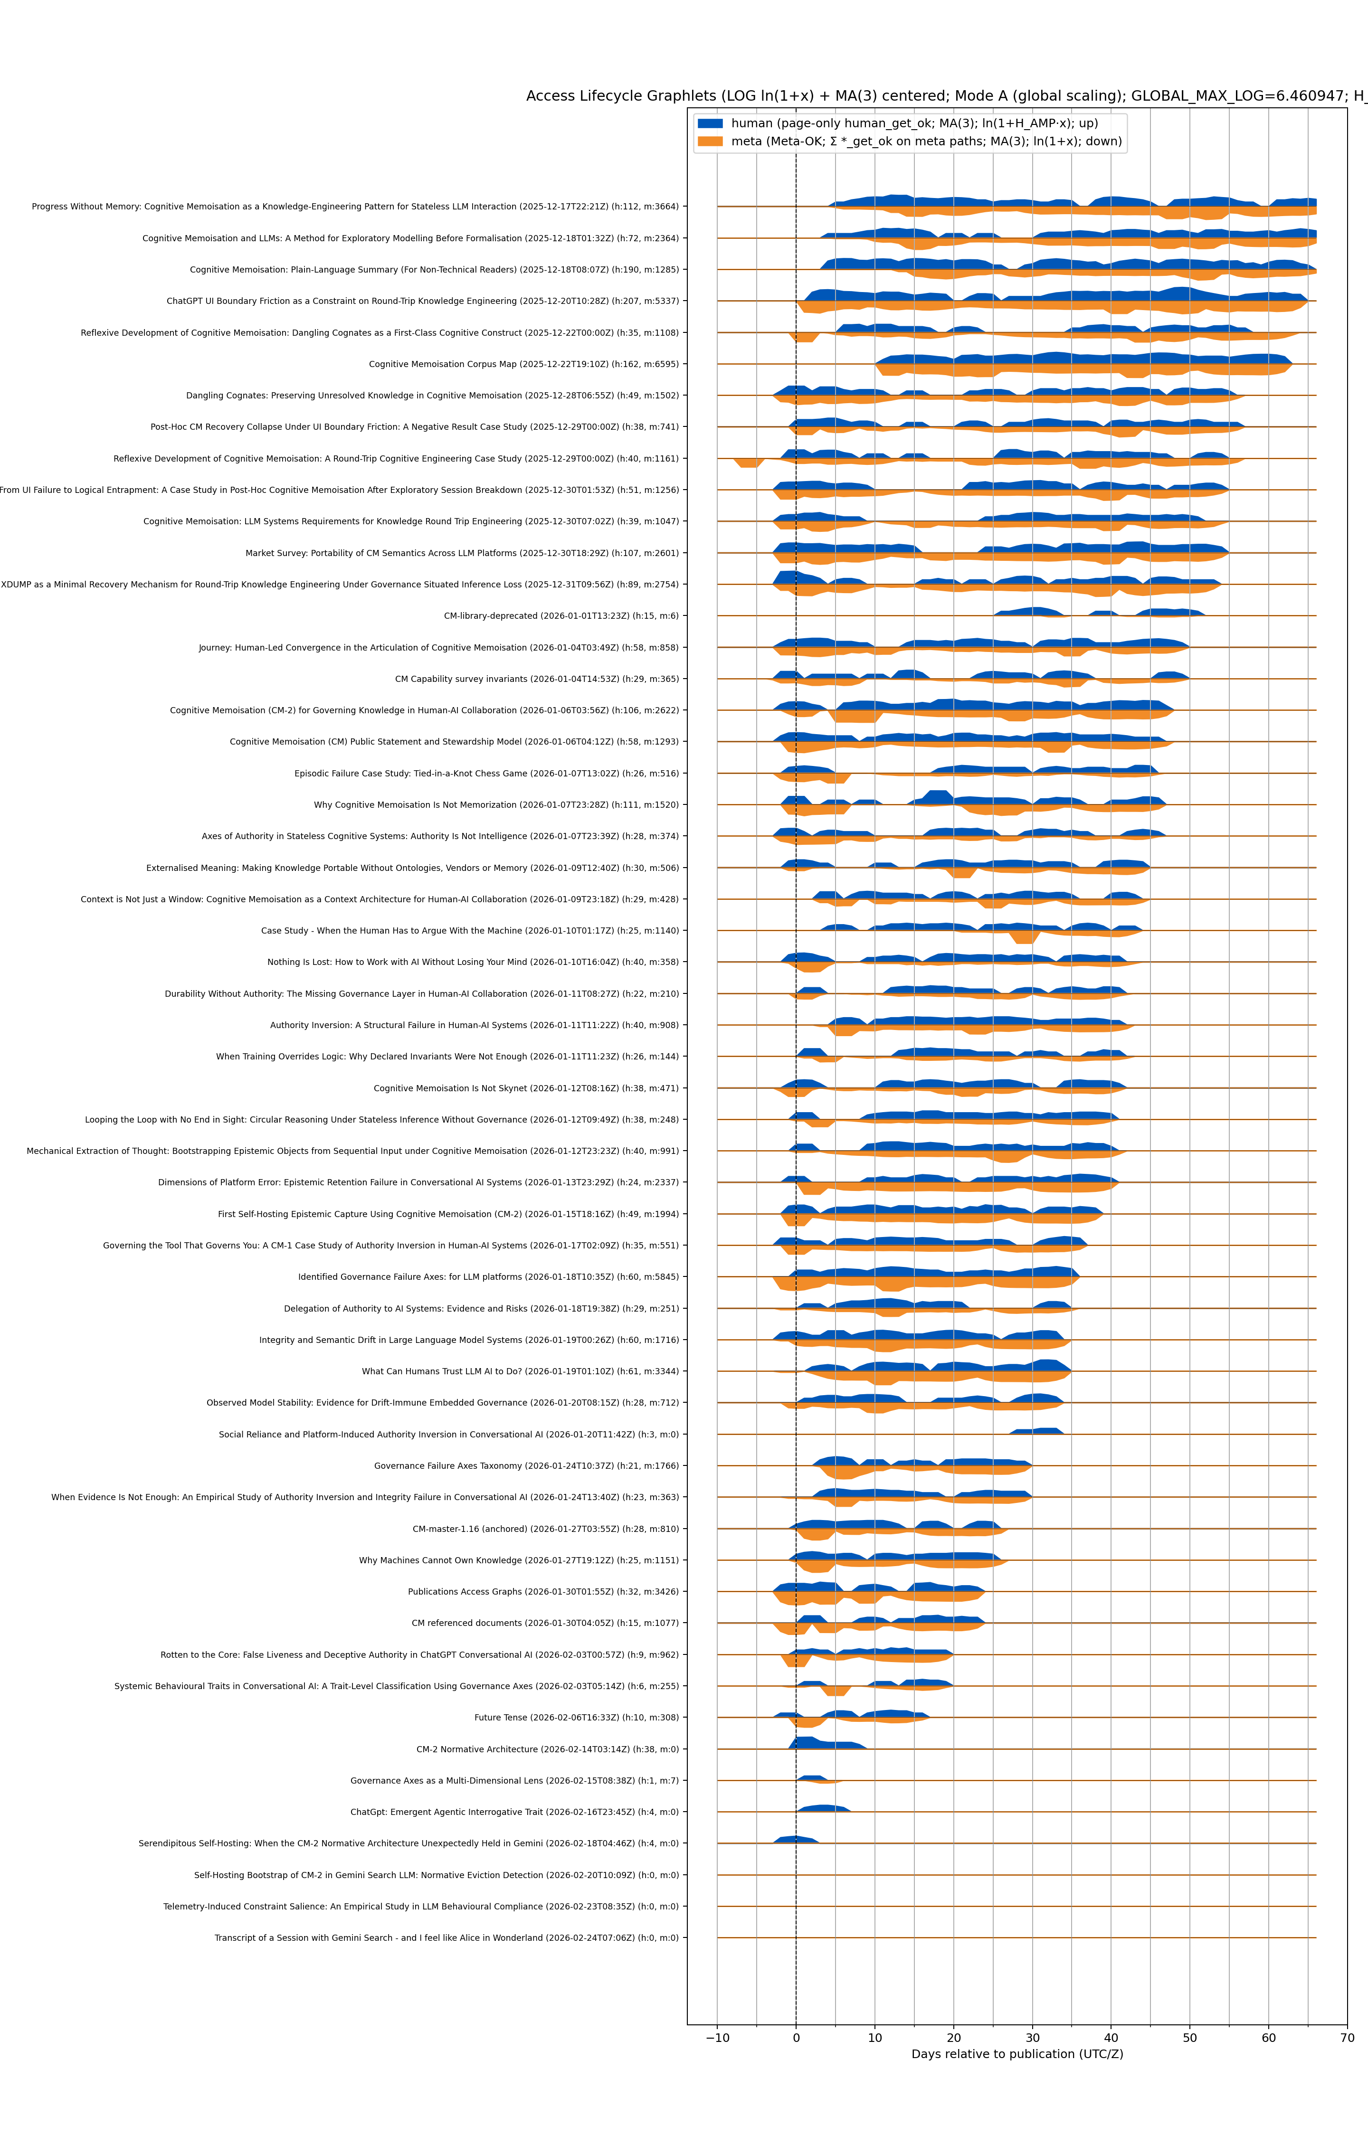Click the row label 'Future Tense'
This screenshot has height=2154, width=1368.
[576, 1718]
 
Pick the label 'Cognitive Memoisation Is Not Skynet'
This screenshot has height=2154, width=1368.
[526, 1088]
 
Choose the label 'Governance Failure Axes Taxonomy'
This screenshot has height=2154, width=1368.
[526, 1466]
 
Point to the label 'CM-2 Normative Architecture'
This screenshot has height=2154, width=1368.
[547, 1749]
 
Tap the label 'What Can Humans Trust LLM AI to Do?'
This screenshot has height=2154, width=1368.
[520, 1371]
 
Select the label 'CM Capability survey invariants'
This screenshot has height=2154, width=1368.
[537, 679]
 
